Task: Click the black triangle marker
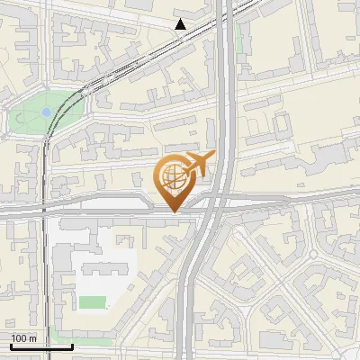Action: [x=181, y=24]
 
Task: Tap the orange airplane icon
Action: [x=199, y=165]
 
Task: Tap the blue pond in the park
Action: [x=46, y=112]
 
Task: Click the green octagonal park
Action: [x=45, y=113]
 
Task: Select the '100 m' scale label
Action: [x=24, y=338]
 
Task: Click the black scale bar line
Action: [x=40, y=346]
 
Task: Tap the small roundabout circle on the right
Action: [x=313, y=255]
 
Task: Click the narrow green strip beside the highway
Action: [x=238, y=36]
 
